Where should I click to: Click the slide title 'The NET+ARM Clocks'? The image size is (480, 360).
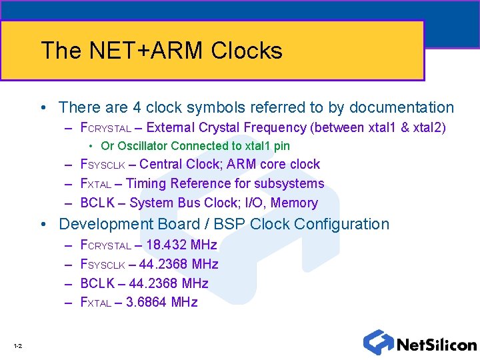tap(161, 51)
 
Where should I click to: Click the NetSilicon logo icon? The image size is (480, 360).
tap(378, 342)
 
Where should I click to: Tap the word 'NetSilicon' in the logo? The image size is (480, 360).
tap(436, 345)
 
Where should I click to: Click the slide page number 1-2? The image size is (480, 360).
tap(17, 345)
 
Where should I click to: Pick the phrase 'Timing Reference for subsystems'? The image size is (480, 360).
tap(225, 183)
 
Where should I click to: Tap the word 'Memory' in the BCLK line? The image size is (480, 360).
tap(294, 203)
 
